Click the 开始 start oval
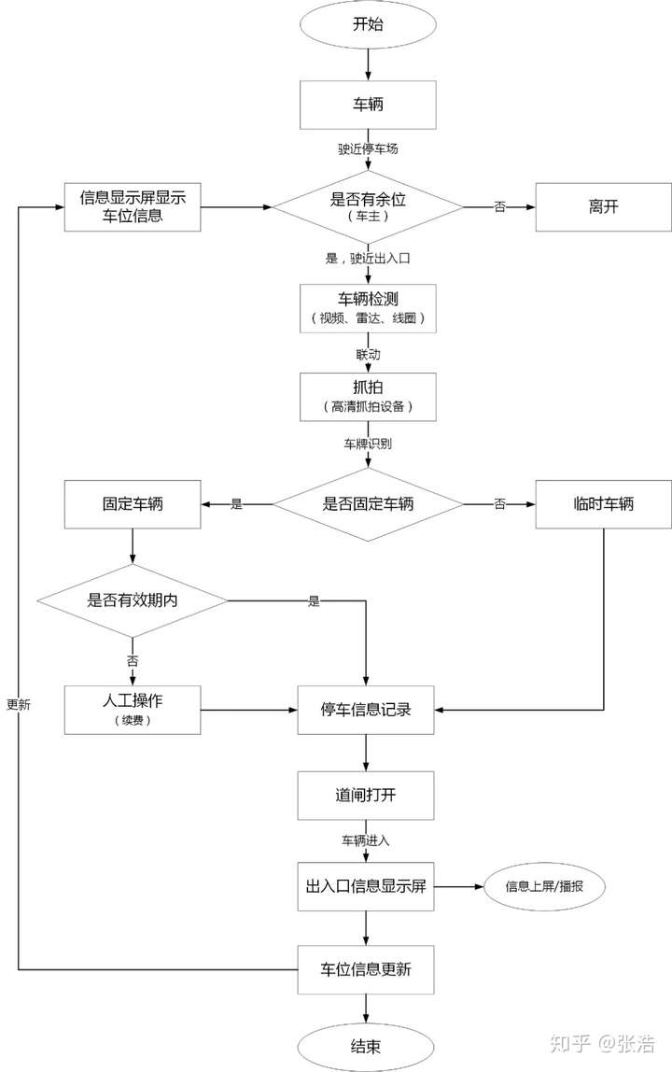coord(368,25)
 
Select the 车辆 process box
coord(368,105)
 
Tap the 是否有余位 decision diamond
coord(368,205)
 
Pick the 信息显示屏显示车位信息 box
coord(133,206)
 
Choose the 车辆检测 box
coord(368,307)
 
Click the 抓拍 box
coord(368,397)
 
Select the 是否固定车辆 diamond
coord(368,504)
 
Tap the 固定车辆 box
coord(133,504)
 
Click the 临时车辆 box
coord(603,504)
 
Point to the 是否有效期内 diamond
coord(133,600)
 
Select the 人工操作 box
coord(133,710)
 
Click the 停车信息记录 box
coord(366,710)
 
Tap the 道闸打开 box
coord(366,796)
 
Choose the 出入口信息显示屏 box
coord(366,886)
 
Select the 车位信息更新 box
coord(366,969)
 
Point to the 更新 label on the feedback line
coord(19,705)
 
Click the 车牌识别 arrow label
coord(367,444)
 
